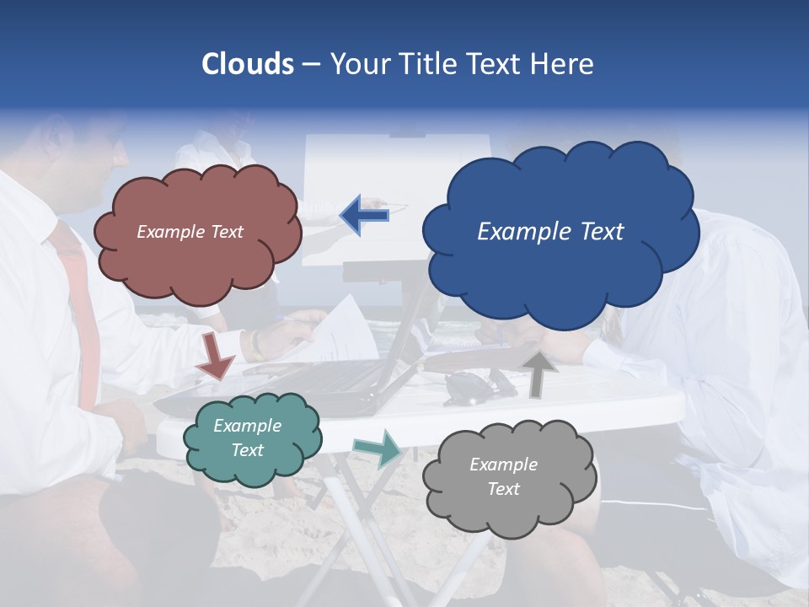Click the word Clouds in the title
coord(248,64)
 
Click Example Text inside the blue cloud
coord(550,232)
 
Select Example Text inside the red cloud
coord(190,232)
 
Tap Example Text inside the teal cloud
coord(247,438)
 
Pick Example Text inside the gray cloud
coord(503,476)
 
